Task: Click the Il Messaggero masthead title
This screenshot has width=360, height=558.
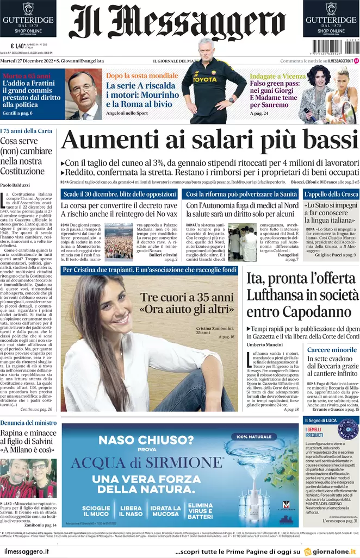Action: pyautogui.click(x=177, y=23)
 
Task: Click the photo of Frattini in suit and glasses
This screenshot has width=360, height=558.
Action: pyautogui.click(x=84, y=96)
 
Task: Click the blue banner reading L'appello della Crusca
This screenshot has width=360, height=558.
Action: pyautogui.click(x=331, y=194)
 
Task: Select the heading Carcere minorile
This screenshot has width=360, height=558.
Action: pyautogui.click(x=331, y=350)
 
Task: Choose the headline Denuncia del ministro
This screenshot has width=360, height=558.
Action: pyautogui.click(x=28, y=423)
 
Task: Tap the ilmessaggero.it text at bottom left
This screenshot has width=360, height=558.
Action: pyautogui.click(x=27, y=551)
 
